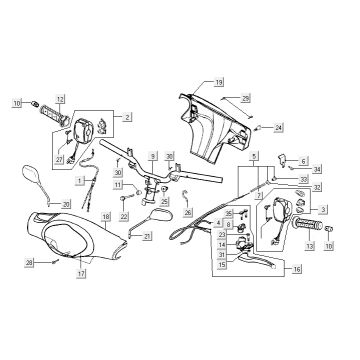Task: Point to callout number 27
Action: tap(60, 160)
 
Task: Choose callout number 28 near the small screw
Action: tap(30, 262)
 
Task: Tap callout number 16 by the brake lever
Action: tap(292, 269)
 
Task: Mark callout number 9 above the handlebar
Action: tap(153, 158)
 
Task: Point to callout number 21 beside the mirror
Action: tap(148, 236)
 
